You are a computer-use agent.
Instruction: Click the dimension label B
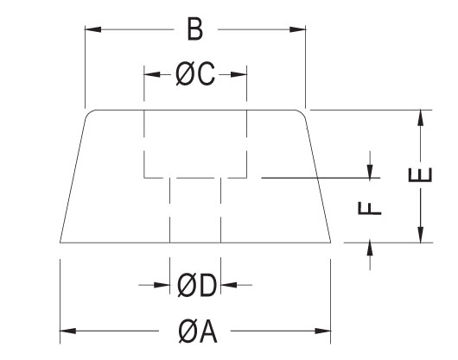(194, 29)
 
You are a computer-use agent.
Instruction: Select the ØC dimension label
(195, 74)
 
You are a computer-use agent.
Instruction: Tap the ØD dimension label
(197, 285)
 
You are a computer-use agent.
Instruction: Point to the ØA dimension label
(198, 332)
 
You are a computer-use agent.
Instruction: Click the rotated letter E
(420, 174)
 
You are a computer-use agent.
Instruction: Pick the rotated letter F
(370, 208)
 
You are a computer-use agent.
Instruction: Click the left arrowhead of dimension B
(92, 29)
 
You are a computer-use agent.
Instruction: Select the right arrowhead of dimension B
(297, 29)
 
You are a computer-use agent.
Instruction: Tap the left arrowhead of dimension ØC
(152, 75)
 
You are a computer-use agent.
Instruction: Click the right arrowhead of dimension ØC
(239, 75)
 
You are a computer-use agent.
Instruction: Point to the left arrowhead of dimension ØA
(68, 332)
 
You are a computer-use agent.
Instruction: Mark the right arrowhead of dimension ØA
(323, 332)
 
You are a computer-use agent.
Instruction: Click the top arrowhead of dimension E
(420, 118)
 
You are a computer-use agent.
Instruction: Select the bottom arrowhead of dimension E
(420, 235)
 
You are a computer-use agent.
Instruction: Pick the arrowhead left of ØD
(162, 285)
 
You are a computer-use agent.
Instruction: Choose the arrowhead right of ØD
(229, 285)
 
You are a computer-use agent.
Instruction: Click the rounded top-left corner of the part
(88, 113)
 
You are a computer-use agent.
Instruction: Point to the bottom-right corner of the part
(331, 243)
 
